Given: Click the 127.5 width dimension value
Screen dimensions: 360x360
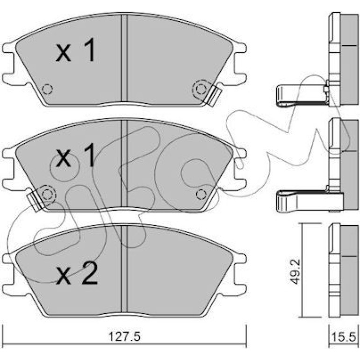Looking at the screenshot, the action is click(x=124, y=337).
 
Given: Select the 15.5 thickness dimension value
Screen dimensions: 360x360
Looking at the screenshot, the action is click(x=343, y=338).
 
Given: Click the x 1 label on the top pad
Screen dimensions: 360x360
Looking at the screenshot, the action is click(x=75, y=50).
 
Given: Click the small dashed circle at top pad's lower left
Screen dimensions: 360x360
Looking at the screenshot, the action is click(x=47, y=89).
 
